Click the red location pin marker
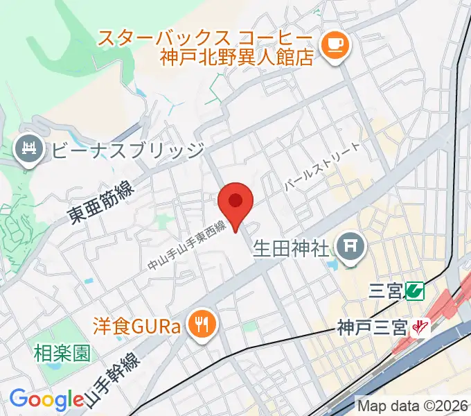point(235,203)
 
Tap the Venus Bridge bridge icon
point(28,150)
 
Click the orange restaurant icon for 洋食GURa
point(203,323)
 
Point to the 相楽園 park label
point(62,354)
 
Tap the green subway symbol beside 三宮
point(416,290)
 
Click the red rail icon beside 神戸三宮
point(418,326)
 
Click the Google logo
point(46,399)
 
